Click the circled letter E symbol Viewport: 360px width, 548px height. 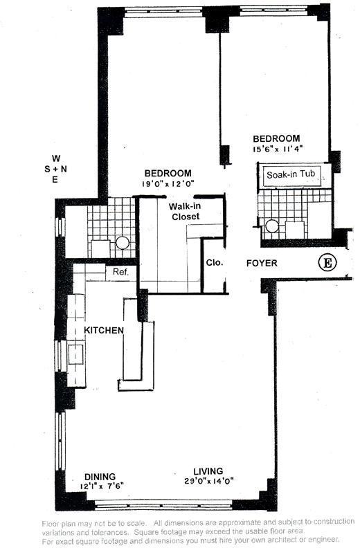click(x=327, y=262)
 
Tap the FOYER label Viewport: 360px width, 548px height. click(x=262, y=263)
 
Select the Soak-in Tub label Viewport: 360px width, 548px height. click(x=291, y=174)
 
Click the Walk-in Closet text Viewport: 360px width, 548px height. click(x=185, y=211)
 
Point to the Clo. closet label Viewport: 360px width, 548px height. click(x=214, y=262)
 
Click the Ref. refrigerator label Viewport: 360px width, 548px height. click(x=120, y=271)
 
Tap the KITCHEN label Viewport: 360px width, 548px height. click(x=104, y=330)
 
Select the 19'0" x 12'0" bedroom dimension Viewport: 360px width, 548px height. click(x=168, y=183)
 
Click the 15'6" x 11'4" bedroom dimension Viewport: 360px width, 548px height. click(x=278, y=149)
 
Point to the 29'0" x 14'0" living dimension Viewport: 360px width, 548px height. click(x=209, y=482)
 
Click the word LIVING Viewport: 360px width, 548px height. click(x=208, y=471)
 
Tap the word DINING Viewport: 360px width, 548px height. click(x=100, y=477)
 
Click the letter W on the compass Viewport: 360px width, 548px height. click(x=56, y=158)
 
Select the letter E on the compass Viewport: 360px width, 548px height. click(x=55, y=180)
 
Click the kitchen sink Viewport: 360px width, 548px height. click(x=76, y=354)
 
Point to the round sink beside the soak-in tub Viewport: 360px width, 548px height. click(x=272, y=226)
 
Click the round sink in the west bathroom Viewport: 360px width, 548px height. click(x=123, y=243)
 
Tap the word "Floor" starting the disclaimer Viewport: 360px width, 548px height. click(x=50, y=524)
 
